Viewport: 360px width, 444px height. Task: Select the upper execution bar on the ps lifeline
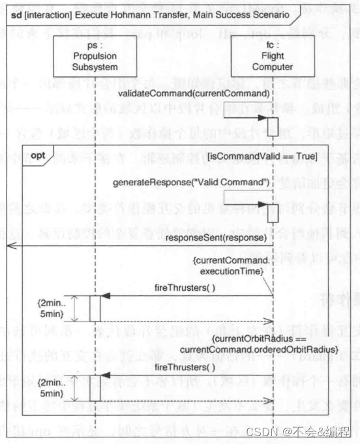95,308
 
